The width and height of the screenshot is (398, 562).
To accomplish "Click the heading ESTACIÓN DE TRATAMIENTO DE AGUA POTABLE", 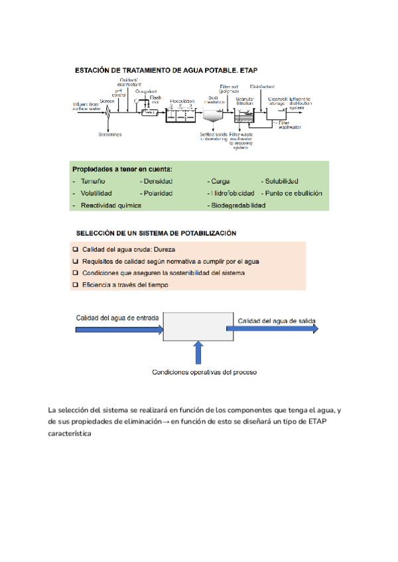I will (x=165, y=70).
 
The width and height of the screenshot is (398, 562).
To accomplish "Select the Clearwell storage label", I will (x=276, y=101).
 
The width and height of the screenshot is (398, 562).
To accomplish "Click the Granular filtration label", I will (x=245, y=101).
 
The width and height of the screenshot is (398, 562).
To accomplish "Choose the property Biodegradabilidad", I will (x=237, y=205).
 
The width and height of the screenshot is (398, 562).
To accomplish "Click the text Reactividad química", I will (x=111, y=205).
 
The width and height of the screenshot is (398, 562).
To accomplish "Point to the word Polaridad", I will (x=158, y=193).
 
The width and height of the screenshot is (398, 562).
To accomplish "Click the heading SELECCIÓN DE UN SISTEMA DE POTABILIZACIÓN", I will (x=156, y=233).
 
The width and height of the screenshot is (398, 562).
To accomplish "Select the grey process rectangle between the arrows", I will (x=196, y=327).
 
